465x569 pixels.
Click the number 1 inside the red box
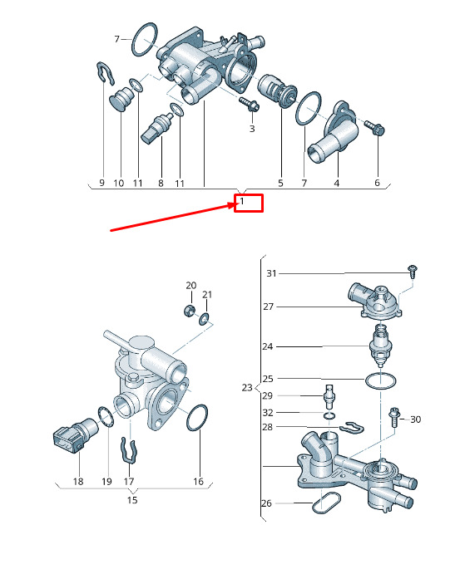click(x=242, y=201)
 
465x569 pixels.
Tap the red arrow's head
click(x=233, y=206)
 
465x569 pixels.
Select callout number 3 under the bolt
click(x=252, y=129)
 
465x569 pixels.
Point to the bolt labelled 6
click(x=375, y=128)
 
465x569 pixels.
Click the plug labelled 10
click(x=122, y=99)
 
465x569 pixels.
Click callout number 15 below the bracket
click(x=132, y=500)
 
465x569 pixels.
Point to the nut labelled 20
click(x=189, y=311)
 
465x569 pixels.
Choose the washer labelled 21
click(x=204, y=319)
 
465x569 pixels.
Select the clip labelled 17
click(x=128, y=450)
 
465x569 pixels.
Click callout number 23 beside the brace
click(x=247, y=388)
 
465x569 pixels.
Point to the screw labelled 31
click(x=413, y=272)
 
